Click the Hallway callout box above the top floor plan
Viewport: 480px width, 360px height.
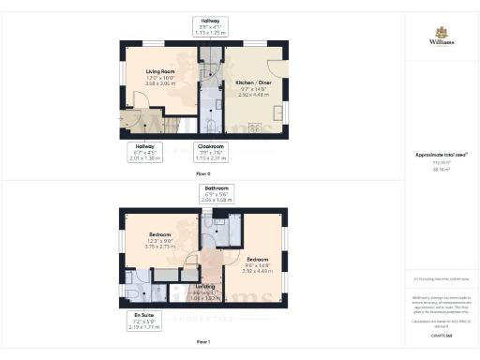[209, 26]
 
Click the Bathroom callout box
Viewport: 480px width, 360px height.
[214, 194]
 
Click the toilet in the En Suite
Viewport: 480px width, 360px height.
[129, 292]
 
